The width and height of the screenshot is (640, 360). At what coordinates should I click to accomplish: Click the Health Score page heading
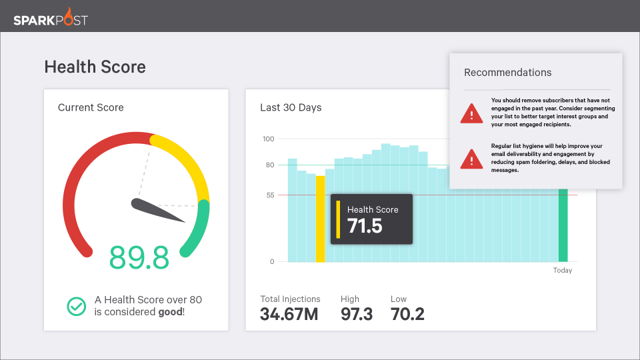[x=95, y=67]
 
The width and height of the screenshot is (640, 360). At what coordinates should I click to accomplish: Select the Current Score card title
[x=91, y=107]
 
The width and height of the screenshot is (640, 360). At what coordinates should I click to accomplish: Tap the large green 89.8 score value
[x=139, y=257]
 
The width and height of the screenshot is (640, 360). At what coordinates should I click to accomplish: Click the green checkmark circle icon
[x=77, y=306]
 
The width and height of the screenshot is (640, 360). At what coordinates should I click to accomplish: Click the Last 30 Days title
[x=291, y=107]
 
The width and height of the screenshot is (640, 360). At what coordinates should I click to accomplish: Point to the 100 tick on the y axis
[x=268, y=139]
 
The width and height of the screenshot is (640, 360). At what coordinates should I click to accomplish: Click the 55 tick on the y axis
[x=269, y=195]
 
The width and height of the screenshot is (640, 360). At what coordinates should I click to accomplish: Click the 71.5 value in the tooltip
[x=365, y=226]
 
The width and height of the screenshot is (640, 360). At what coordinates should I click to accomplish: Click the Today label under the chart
[x=563, y=271]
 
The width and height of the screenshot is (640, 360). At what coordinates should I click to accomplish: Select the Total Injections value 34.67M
[x=289, y=314]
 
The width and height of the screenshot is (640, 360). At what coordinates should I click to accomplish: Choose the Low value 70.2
[x=407, y=314]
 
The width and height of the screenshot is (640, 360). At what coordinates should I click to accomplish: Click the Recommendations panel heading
[x=507, y=73]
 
